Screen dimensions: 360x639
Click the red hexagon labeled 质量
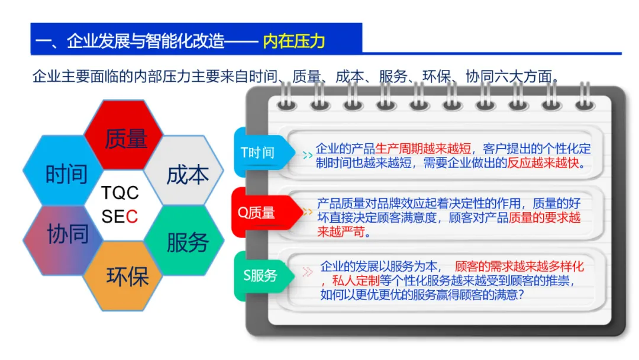pyautogui.click(x=125, y=139)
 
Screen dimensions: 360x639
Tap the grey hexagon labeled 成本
pyautogui.click(x=187, y=174)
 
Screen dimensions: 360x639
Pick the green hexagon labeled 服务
pyautogui.click(x=187, y=242)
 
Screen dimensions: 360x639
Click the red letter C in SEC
pyautogui.click(x=132, y=217)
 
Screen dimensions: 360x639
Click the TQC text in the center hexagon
pyautogui.click(x=120, y=193)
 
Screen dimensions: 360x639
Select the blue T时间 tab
pyautogui.click(x=259, y=153)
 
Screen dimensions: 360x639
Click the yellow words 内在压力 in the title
pyautogui.click(x=294, y=41)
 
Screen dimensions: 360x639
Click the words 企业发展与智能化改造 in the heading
pyautogui.click(x=146, y=41)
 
